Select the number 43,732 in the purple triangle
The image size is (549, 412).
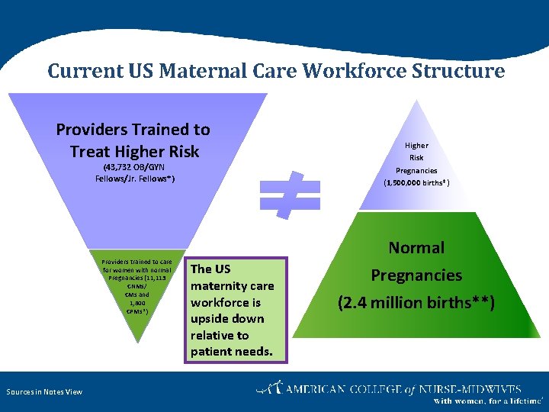click(x=119, y=167)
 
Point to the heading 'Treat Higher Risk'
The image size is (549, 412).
click(x=134, y=151)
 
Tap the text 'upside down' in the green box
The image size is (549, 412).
click(x=226, y=318)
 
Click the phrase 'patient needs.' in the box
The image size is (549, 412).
click(x=231, y=352)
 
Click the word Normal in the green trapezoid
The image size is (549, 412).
click(x=416, y=247)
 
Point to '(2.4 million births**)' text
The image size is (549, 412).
click(x=416, y=303)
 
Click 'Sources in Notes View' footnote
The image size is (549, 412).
click(x=44, y=391)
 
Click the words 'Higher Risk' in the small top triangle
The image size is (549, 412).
click(x=416, y=151)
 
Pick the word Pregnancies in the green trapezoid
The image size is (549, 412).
click(x=416, y=275)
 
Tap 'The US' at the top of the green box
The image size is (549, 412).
click(x=210, y=269)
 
